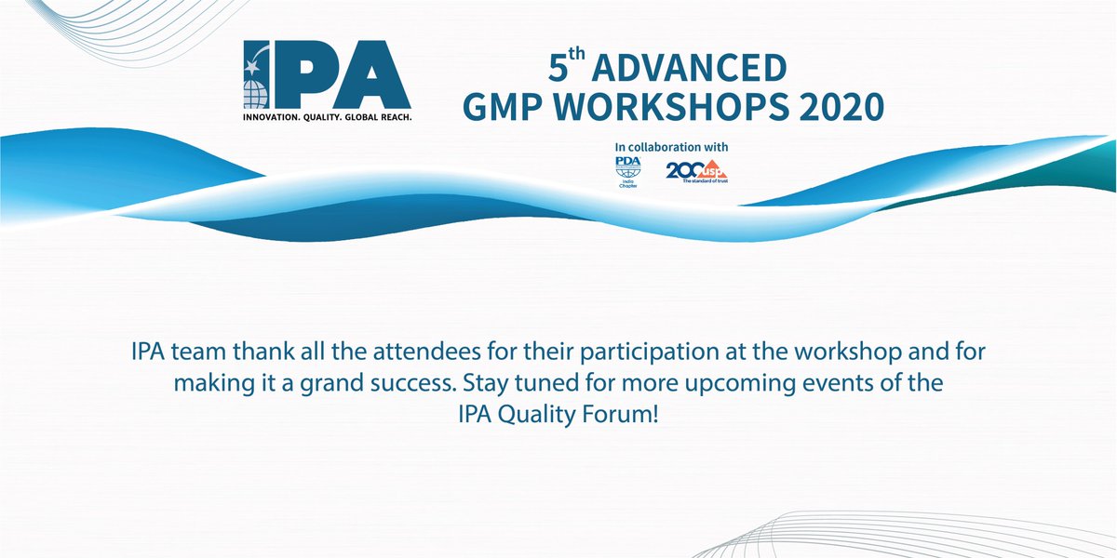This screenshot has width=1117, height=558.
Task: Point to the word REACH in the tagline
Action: click(390, 118)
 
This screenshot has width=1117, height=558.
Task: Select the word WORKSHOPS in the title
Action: click(679, 110)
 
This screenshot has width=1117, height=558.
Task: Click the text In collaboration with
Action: click(671, 148)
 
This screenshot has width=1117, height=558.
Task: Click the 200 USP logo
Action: click(696, 171)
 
